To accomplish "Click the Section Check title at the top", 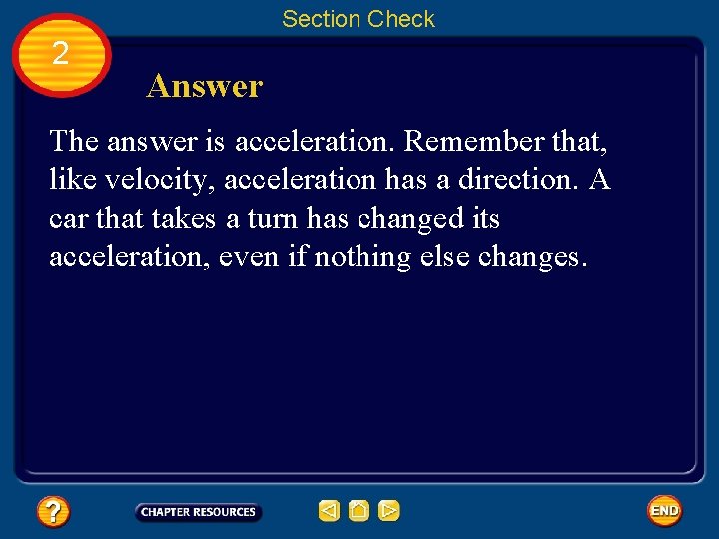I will coord(359,19).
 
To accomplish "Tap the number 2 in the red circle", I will coord(60,54).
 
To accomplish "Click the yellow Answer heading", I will coord(204,87).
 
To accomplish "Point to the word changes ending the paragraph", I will coord(534,257).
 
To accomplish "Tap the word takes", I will coord(184,219).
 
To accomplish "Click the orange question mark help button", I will coord(53,512).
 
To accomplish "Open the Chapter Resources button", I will coord(198,512).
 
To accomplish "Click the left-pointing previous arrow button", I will coord(329,511).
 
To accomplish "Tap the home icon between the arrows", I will coord(359,511).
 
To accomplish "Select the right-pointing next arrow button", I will coord(389,511).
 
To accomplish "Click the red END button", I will coord(664,511).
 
